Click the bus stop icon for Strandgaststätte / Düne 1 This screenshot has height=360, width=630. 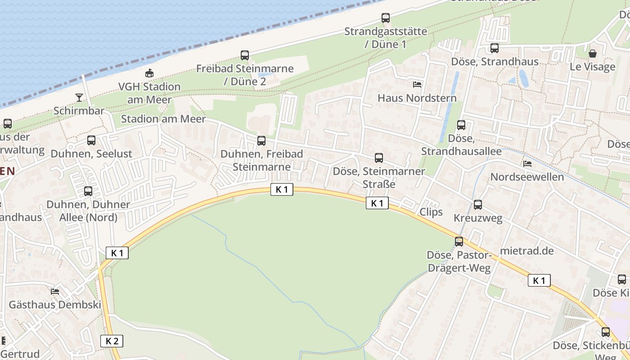(x=386, y=18)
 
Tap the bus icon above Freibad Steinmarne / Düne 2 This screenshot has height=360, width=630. (x=245, y=55)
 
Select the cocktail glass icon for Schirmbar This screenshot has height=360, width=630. (x=79, y=97)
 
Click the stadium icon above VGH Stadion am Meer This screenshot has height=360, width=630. (x=149, y=73)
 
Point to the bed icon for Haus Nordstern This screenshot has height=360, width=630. (x=417, y=84)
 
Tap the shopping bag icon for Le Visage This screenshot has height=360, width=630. (x=593, y=53)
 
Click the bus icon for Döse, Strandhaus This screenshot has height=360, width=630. (x=495, y=48)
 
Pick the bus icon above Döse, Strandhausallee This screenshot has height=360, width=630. (x=461, y=125)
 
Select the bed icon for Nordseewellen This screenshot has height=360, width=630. (x=527, y=163)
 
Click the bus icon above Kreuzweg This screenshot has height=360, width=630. (x=478, y=205)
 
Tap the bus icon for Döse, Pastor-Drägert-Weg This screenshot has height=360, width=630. (x=459, y=242)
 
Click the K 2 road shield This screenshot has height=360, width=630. (x=112, y=341)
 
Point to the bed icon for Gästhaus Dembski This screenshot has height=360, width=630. (x=55, y=291)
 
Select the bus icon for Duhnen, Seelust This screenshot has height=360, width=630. (x=91, y=140)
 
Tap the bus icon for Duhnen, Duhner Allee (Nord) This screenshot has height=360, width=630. (x=88, y=191)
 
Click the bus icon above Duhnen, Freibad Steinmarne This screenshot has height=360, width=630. (x=261, y=141)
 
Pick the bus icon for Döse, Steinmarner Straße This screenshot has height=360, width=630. (x=379, y=158)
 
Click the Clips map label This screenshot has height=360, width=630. (x=431, y=212)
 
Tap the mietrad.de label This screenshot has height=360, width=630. (x=527, y=251)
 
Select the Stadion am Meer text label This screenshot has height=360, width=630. (x=163, y=119)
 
